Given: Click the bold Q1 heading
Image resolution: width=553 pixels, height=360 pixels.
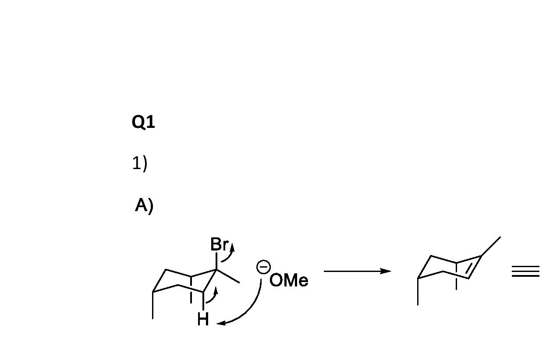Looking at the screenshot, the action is (x=143, y=122).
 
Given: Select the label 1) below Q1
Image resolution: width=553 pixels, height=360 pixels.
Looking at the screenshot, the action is (x=140, y=163).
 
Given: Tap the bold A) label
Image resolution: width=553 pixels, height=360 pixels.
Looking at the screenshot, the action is (x=144, y=205).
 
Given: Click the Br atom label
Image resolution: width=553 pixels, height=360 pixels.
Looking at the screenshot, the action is (x=219, y=244).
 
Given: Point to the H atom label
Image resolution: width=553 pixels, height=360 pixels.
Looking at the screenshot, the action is (x=203, y=319).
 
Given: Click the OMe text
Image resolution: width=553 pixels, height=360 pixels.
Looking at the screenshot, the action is (x=289, y=281).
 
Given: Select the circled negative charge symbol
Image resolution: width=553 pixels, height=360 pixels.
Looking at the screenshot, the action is (x=263, y=267).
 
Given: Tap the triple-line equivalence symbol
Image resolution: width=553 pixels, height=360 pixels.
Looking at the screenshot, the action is (x=525, y=272).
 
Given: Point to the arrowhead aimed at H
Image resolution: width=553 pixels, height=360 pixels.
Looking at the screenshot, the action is (x=221, y=323).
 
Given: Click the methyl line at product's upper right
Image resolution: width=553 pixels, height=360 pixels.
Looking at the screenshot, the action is (x=491, y=246).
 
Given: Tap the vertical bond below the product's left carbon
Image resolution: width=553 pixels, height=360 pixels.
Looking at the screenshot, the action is (x=418, y=292).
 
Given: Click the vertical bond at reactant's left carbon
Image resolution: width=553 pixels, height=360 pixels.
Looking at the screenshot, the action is (x=153, y=305).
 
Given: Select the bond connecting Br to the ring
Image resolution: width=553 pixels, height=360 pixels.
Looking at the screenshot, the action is (x=216, y=261).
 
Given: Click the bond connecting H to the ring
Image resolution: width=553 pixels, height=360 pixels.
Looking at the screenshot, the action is (x=203, y=301).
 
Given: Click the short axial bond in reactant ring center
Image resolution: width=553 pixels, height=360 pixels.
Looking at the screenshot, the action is (x=191, y=289).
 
